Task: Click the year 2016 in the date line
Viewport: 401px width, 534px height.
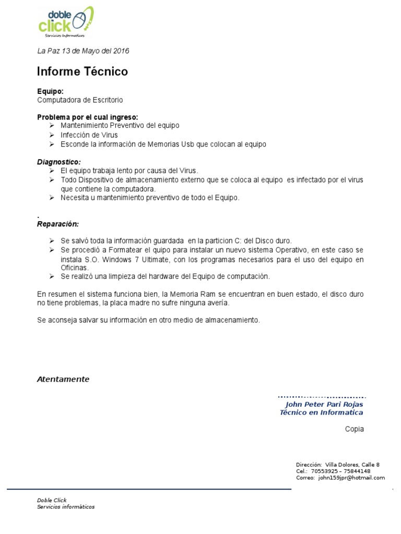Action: (121, 51)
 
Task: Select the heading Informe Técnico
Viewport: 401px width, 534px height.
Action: (82, 71)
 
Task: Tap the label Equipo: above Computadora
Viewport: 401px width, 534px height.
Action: (51, 91)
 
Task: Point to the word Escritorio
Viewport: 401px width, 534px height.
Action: (106, 100)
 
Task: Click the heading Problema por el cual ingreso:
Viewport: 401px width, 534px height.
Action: (88, 117)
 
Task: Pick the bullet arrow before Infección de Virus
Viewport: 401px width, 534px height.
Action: (52, 135)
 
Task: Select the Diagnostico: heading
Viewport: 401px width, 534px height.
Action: (59, 162)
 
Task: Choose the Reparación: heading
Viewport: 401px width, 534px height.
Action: (58, 224)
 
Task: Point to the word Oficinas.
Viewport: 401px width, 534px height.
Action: (75, 268)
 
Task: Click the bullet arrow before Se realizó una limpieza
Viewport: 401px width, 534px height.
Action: (52, 276)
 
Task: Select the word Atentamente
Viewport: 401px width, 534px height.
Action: (63, 379)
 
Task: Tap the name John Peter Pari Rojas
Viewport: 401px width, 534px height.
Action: (324, 404)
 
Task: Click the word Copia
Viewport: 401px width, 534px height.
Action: (354, 429)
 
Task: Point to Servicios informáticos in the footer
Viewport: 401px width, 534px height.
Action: (66, 507)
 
